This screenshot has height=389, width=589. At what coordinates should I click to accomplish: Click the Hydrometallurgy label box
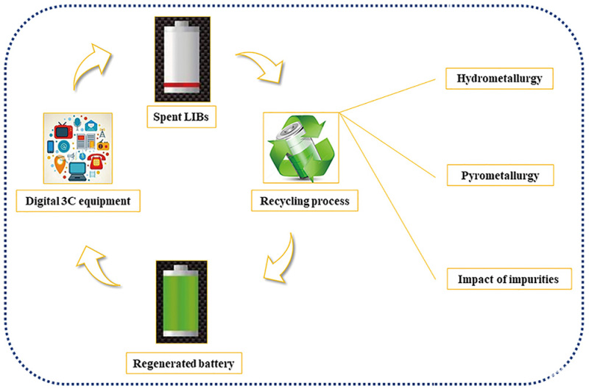[x=499, y=79]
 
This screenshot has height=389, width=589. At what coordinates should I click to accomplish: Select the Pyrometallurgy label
[x=500, y=175]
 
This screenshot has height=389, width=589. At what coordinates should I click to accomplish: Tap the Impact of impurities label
[x=509, y=279]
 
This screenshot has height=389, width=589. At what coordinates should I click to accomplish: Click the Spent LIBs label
[x=181, y=117]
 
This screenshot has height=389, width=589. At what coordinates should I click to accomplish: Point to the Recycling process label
[x=305, y=201]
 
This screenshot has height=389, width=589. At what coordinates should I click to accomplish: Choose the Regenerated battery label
[x=183, y=363]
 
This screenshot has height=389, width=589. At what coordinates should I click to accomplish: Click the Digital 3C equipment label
[x=78, y=201]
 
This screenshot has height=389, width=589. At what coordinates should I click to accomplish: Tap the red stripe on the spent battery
[x=182, y=85]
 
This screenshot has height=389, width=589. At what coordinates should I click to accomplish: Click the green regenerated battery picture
[x=181, y=301]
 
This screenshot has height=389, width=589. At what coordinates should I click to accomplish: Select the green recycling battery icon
[x=301, y=148]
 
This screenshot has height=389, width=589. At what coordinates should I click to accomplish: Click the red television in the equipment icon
[x=63, y=130]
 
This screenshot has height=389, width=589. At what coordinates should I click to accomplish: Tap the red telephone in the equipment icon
[x=97, y=161]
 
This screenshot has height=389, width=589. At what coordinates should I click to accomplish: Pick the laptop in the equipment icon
[x=77, y=172]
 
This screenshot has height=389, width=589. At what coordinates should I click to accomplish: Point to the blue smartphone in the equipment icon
[x=50, y=146]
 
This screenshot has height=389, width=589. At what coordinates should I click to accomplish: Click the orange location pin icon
[x=60, y=164]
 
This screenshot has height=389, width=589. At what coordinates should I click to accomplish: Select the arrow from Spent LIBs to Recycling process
[x=262, y=65]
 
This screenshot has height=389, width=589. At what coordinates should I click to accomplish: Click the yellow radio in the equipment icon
[x=103, y=145]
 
